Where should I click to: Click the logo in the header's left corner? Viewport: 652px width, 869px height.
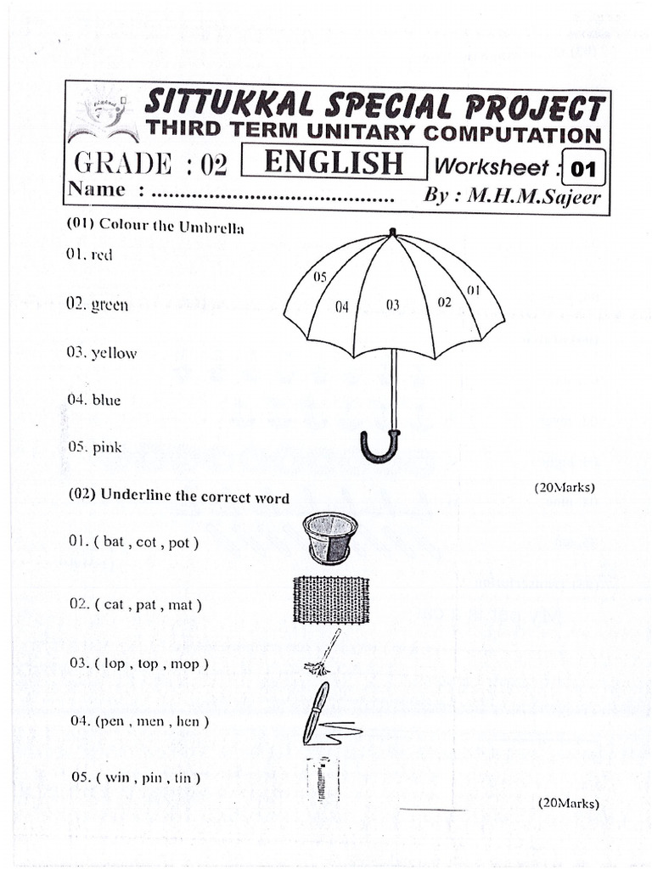click(103, 119)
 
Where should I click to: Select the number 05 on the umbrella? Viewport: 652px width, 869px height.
click(320, 277)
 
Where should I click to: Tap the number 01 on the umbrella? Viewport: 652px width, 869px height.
click(473, 290)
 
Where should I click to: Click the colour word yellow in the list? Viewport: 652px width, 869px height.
click(114, 353)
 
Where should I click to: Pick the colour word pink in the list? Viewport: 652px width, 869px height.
click(107, 447)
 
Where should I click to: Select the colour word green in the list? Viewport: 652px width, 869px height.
click(110, 306)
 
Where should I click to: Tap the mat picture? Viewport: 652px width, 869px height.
click(330, 600)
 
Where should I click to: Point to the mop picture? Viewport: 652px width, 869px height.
click(323, 653)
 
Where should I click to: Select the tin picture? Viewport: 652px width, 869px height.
click(323, 778)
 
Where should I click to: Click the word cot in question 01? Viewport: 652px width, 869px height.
click(147, 542)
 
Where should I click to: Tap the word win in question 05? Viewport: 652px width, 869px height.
click(118, 777)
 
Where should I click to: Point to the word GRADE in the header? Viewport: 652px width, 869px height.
click(122, 162)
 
